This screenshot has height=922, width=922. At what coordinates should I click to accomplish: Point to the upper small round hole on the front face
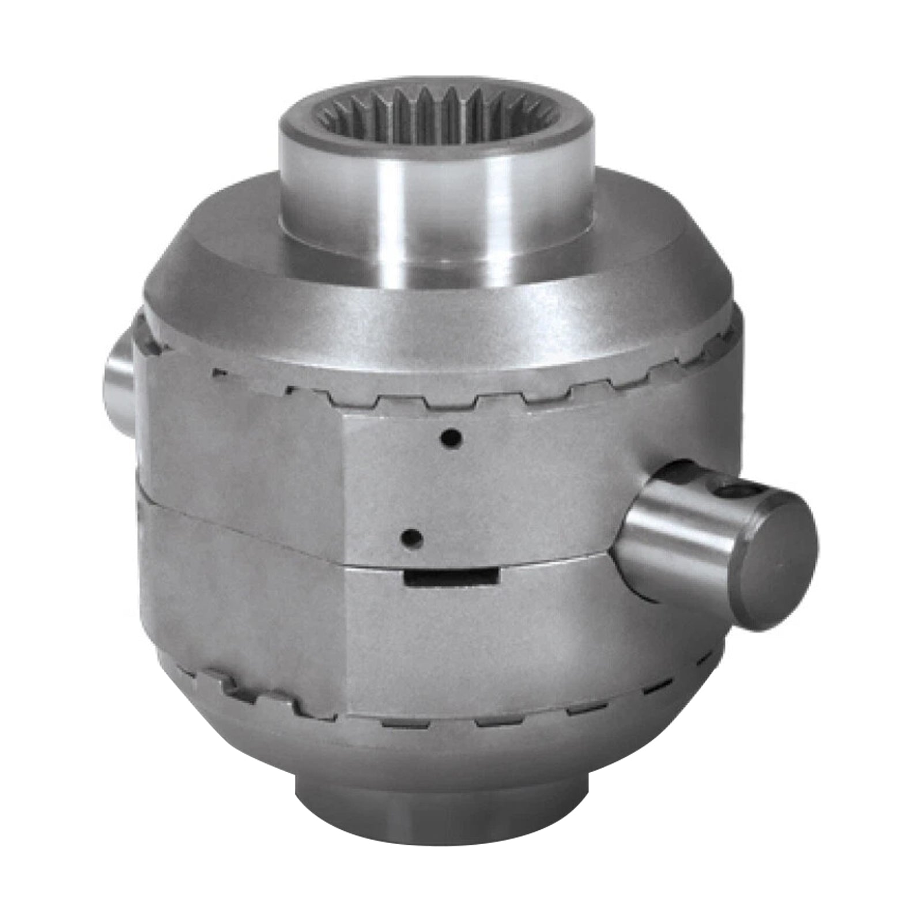[450, 439]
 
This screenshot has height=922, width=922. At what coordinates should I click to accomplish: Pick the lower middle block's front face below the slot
[490, 645]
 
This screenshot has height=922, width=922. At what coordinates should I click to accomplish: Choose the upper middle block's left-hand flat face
[242, 444]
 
